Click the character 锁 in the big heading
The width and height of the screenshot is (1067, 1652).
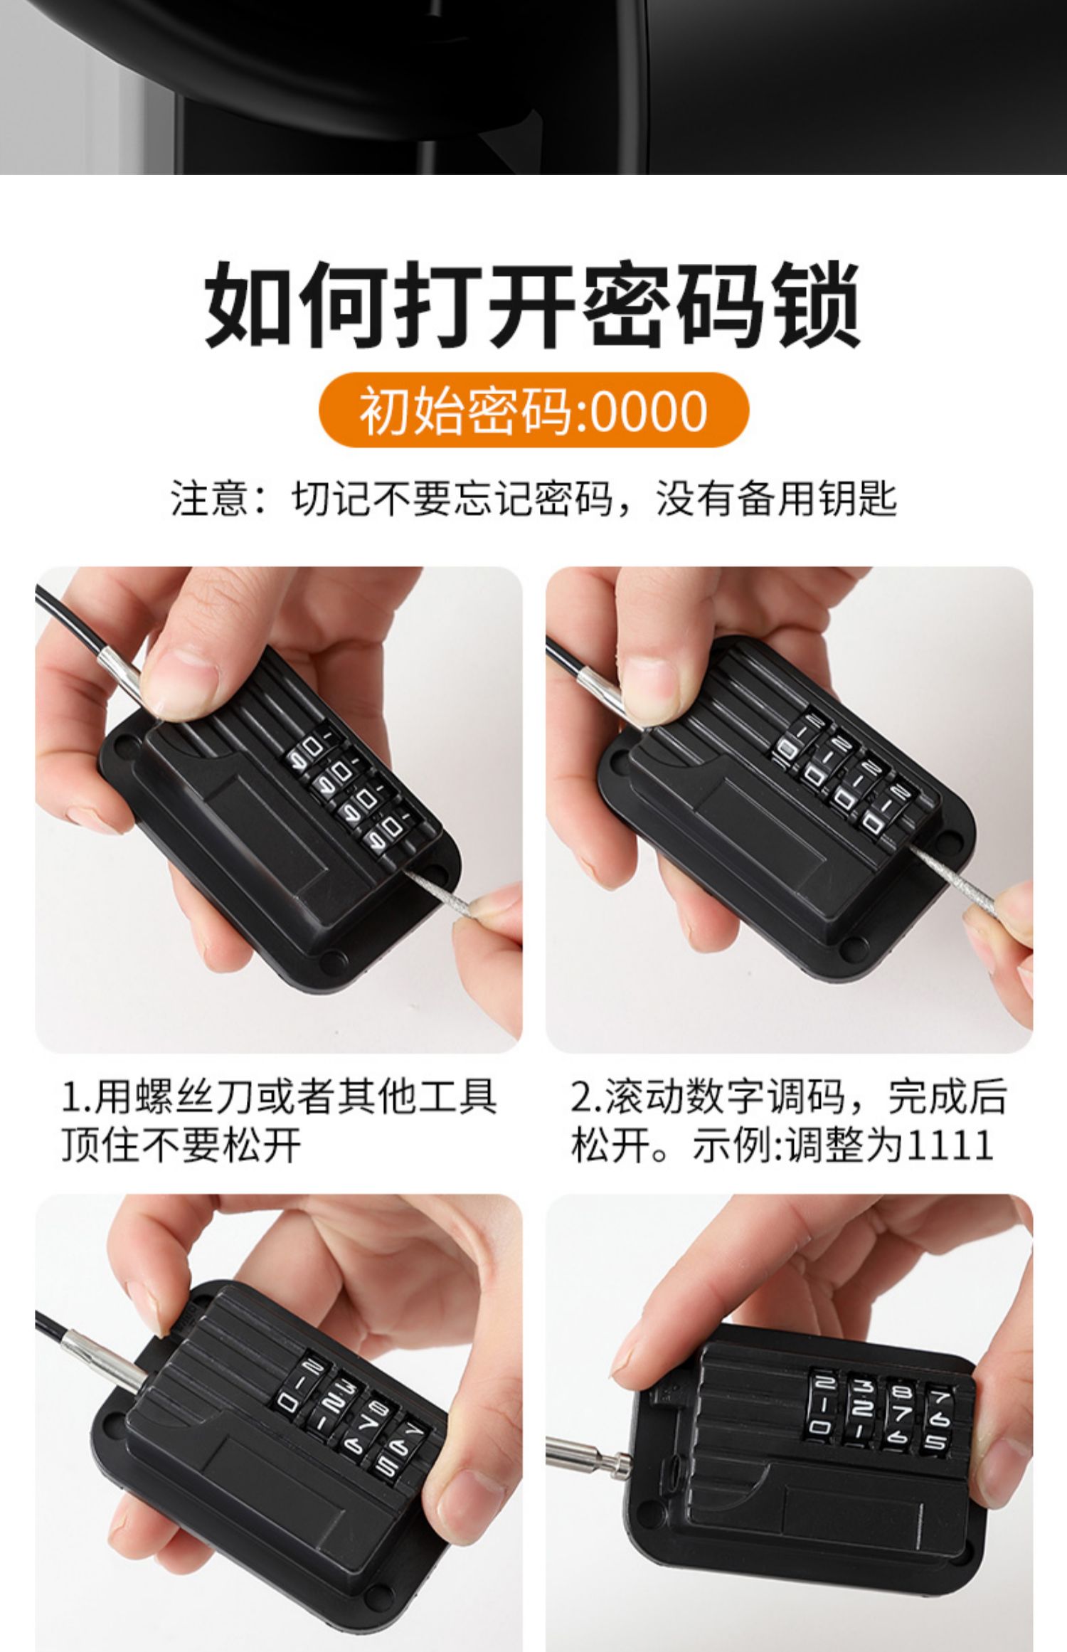coord(817,305)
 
